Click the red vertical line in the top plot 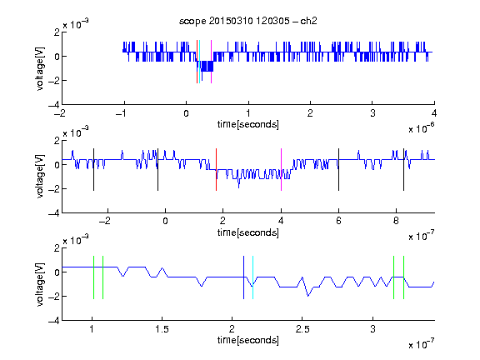coord(197,62)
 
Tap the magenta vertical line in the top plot coord(211,62)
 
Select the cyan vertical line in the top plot coord(200,62)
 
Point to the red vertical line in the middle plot coord(216,170)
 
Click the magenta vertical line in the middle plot coord(281,170)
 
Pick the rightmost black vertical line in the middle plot coord(403,170)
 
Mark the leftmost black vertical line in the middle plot coord(93,170)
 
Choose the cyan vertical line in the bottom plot coord(252,277)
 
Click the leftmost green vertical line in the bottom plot coord(93,277)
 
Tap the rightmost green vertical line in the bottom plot coord(404,277)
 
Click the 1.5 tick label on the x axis coord(162,329)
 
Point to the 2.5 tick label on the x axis coord(302,329)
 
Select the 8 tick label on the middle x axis coord(396,221)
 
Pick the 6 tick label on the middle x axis coord(338,221)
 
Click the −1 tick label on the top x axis coord(122,113)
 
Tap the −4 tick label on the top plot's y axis coord(54,105)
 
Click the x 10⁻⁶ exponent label coord(422,128)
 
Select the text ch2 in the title coord(308,21)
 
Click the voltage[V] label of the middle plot coord(40,177)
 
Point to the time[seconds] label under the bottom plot coord(248,340)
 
